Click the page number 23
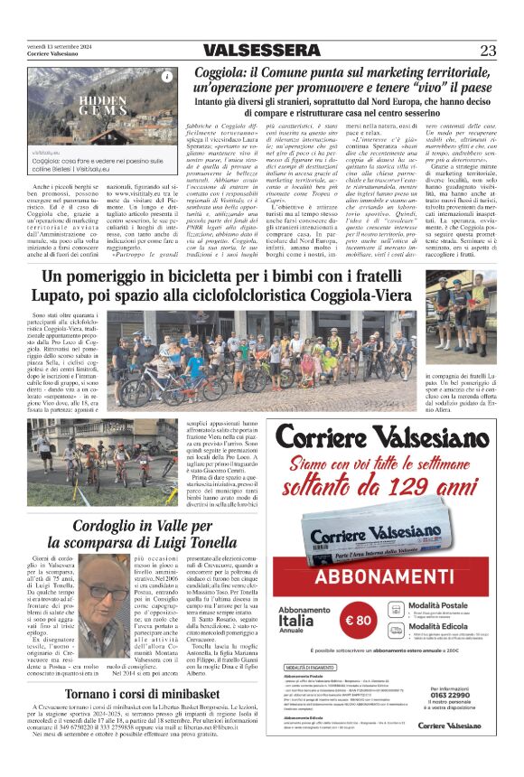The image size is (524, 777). click(488, 51)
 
